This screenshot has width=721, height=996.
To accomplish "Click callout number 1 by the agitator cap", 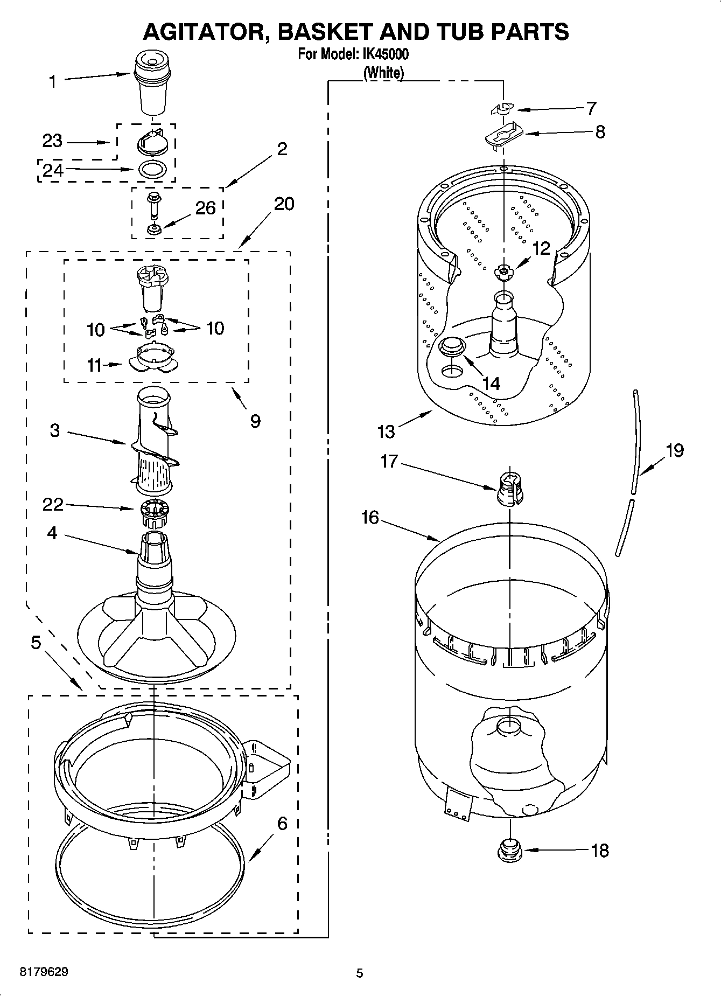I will tap(52, 82).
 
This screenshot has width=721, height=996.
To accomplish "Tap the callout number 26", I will tap(205, 208).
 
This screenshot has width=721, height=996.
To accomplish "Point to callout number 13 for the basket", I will tap(386, 431).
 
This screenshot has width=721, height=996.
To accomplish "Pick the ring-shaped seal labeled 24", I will tap(152, 169).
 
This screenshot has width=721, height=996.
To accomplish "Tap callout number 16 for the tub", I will tap(370, 518).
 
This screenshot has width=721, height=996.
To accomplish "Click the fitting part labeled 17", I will tap(509, 490).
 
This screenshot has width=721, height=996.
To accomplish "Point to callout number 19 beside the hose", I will tap(674, 450).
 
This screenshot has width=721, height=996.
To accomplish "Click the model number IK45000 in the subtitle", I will tap(385, 54).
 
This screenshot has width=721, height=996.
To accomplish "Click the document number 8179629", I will tap(44, 972).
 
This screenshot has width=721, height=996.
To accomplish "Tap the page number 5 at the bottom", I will tap(360, 973).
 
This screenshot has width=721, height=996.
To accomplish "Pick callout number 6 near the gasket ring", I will tap(282, 823).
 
